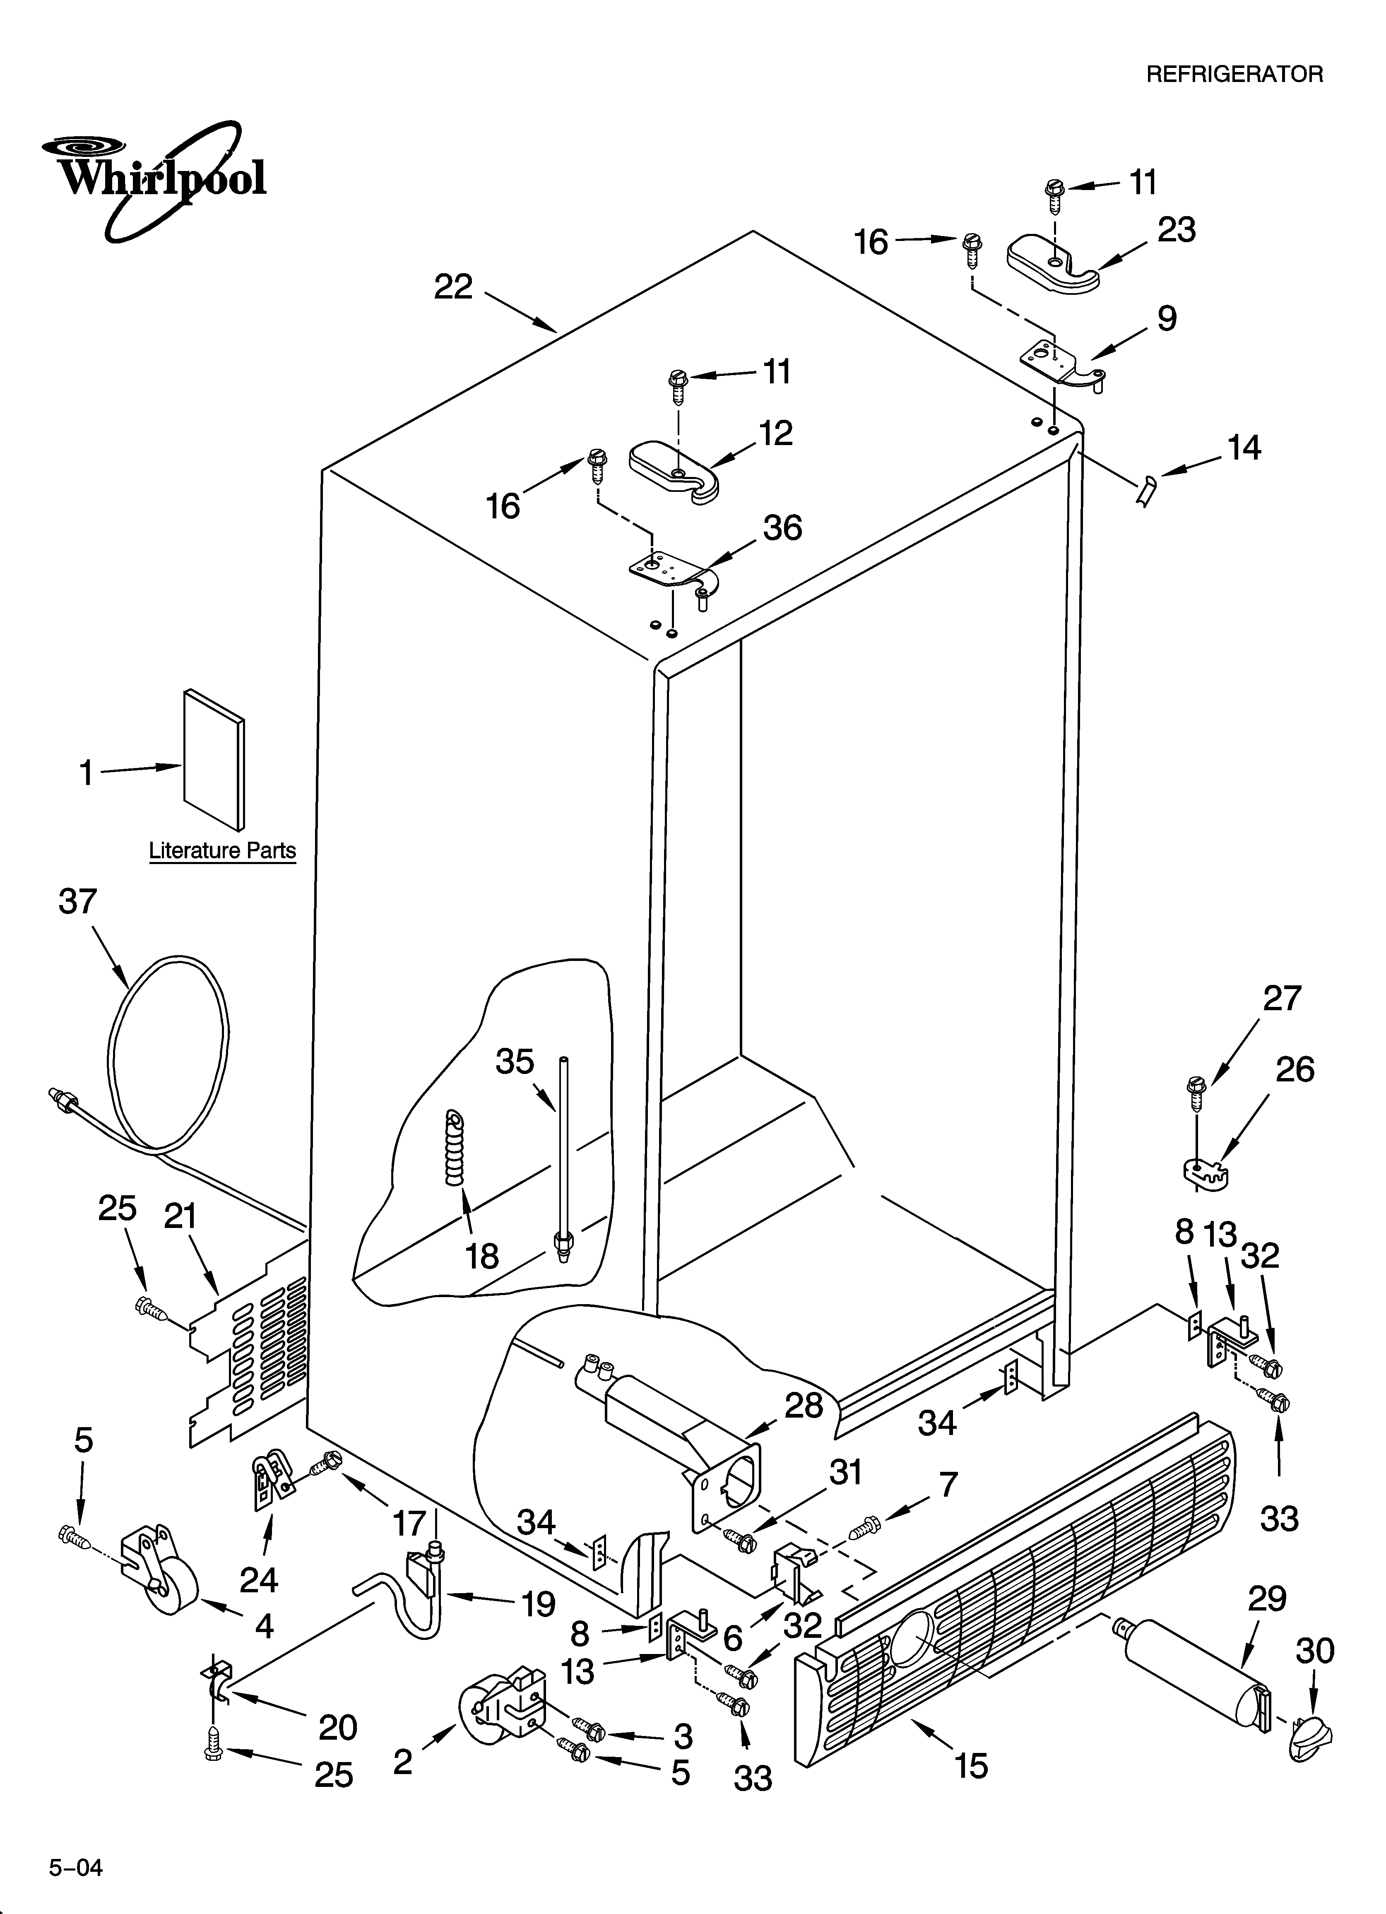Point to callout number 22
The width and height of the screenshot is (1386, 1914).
click(453, 288)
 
